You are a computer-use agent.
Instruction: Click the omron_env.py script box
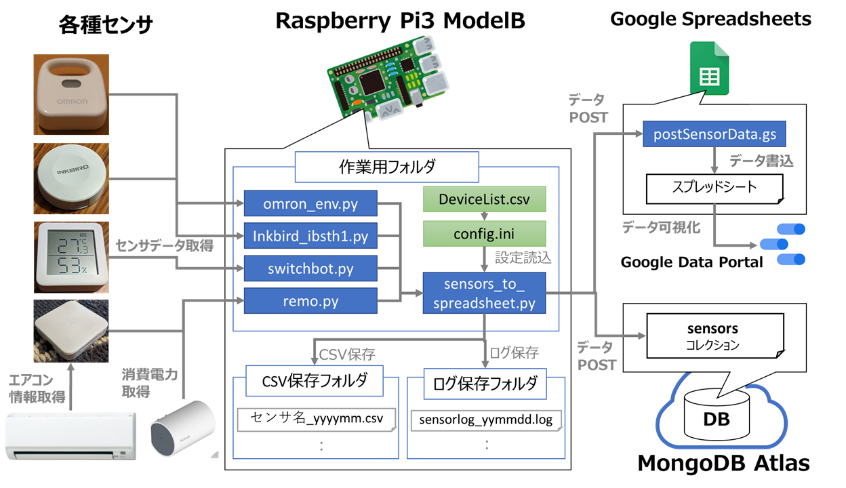pos(310,203)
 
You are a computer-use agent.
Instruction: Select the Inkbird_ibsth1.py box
pos(310,237)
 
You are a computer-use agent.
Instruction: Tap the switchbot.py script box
pos(310,268)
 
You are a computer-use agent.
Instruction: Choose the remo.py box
pos(310,300)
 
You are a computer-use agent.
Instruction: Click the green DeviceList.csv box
pos(484,199)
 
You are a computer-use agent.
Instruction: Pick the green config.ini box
pos(484,234)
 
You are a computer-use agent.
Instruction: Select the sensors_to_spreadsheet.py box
pos(484,293)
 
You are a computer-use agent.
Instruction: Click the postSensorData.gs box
pos(714,134)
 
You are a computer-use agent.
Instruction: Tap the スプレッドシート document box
pos(714,188)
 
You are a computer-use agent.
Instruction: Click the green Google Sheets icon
pos(709,68)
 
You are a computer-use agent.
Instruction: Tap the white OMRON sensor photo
pos(71,95)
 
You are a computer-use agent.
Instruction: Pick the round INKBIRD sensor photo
pos(71,178)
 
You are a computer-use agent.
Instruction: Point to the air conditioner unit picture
pos(70,434)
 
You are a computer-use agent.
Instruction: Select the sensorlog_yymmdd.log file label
pos(486,420)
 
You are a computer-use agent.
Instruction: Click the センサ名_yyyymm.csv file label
pos(317,418)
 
